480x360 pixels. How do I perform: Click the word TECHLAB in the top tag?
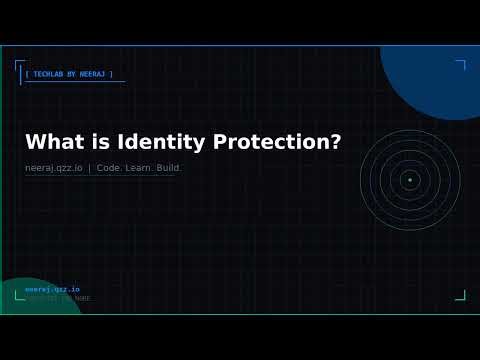coord(49,74)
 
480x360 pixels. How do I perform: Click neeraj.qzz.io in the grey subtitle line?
coord(54,168)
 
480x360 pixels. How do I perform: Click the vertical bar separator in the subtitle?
coord(90,168)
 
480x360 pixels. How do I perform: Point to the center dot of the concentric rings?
coord(409,180)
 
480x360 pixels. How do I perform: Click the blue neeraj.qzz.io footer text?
coord(52,289)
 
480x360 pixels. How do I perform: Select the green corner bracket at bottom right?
coord(461,295)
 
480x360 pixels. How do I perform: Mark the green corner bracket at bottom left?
coord(19,295)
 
